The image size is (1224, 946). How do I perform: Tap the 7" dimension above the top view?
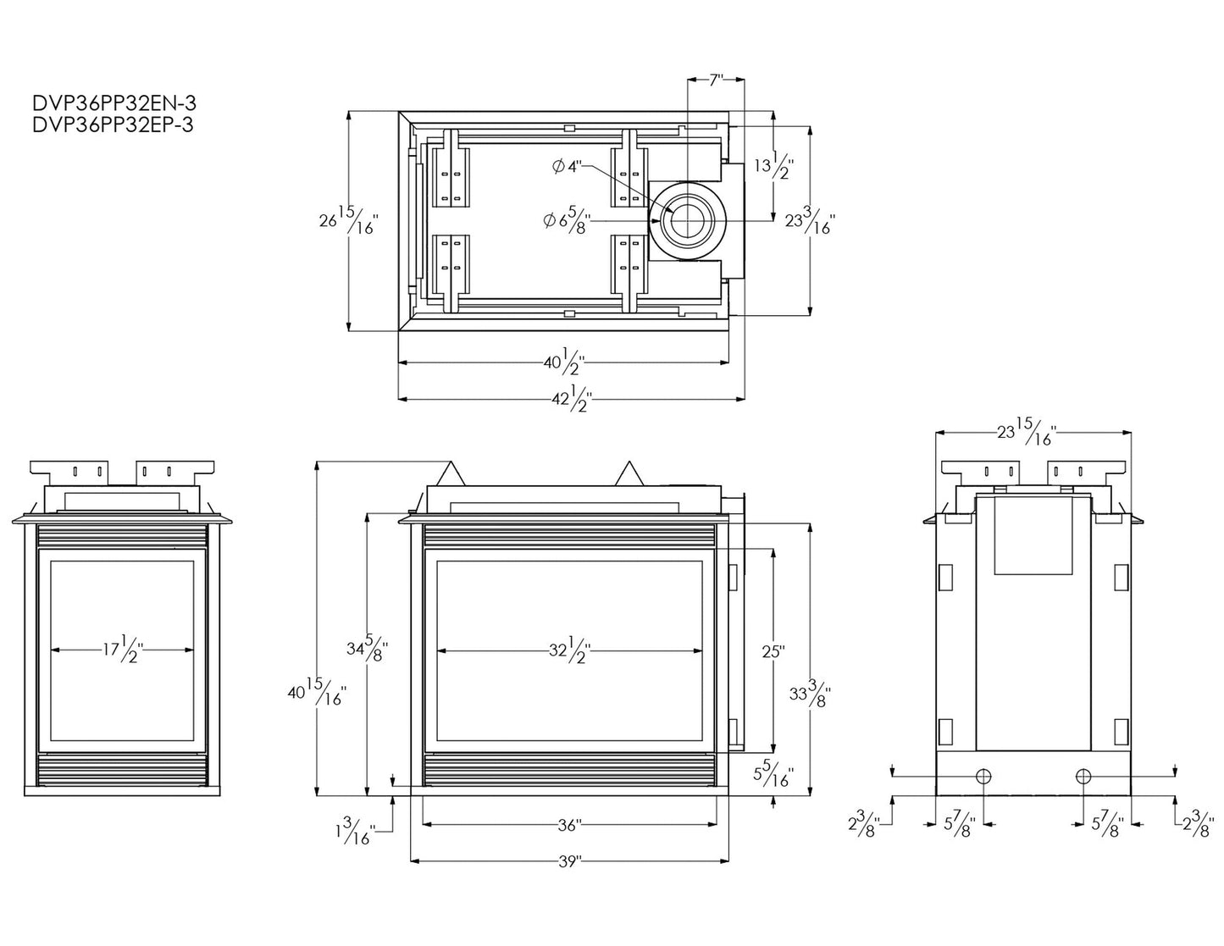(716, 80)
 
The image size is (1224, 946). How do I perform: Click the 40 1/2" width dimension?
(564, 362)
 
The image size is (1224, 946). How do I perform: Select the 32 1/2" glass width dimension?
(569, 651)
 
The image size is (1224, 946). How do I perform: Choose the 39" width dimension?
(569, 862)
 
